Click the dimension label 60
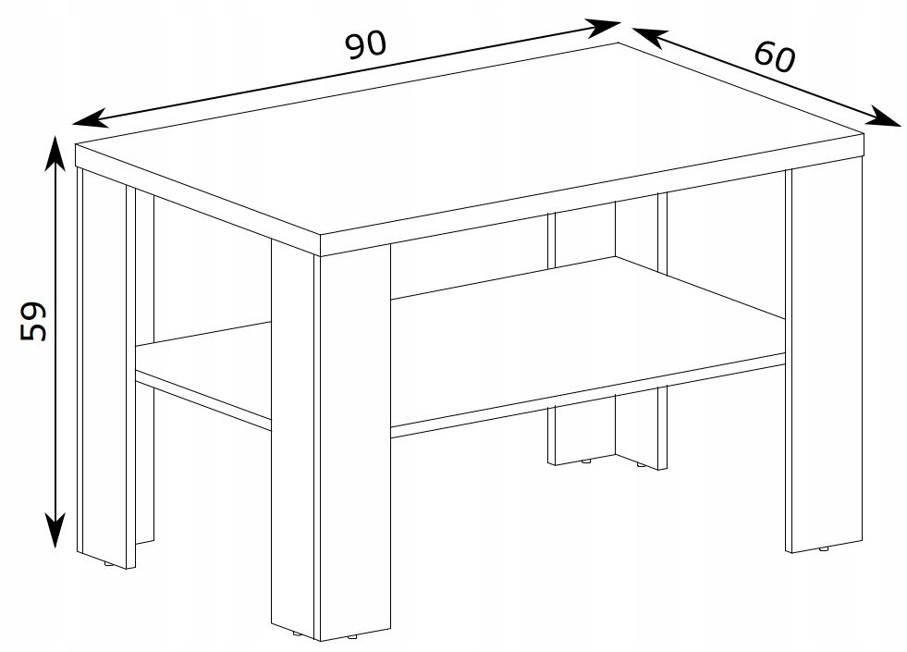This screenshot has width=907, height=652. [x=775, y=56]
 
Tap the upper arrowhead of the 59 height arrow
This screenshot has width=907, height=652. [x=55, y=153]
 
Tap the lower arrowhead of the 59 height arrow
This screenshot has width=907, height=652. [x=55, y=529]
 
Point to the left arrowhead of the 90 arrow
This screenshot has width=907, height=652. [x=91, y=117]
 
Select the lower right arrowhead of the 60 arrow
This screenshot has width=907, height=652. [x=885, y=117]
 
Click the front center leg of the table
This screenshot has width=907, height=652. [x=330, y=439]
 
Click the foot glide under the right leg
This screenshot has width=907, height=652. [x=824, y=549]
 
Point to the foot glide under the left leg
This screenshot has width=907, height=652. [x=108, y=563]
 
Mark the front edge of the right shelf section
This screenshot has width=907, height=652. [x=588, y=396]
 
